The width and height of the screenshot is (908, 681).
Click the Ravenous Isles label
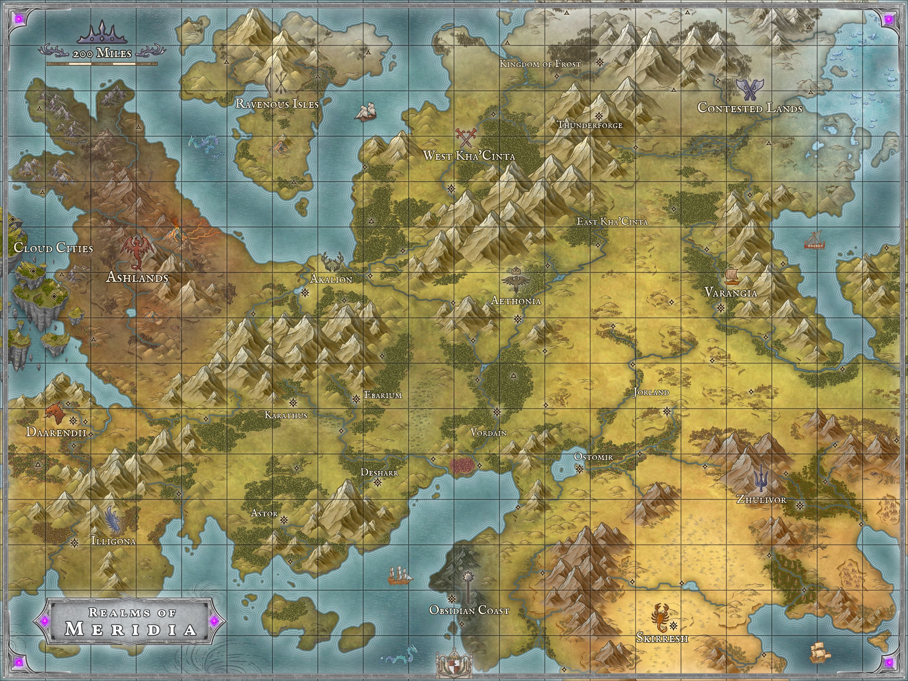point(277,104)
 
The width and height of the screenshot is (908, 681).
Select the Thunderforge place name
point(589,125)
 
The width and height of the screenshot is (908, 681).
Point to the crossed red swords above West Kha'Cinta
point(466,137)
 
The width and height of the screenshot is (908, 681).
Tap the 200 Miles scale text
point(102,53)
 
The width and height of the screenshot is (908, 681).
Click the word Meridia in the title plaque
point(131,629)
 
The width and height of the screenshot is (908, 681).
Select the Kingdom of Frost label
point(540,64)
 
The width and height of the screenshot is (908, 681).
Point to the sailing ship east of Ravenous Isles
point(365,112)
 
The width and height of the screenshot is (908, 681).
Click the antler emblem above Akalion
point(333,262)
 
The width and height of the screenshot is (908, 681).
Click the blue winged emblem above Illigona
point(114,520)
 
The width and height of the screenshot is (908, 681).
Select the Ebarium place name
point(383,395)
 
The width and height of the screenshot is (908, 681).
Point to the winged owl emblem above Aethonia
point(515,280)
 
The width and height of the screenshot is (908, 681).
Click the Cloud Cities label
point(53,248)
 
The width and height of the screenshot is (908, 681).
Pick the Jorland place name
point(651,392)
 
